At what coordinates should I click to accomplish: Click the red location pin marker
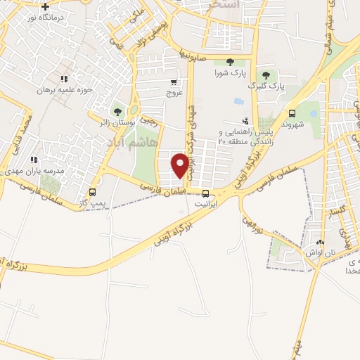pyautogui.click(x=181, y=166)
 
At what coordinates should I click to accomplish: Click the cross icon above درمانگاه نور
pyautogui.click(x=45, y=6)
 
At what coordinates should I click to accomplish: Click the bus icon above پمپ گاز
pyautogui.click(x=92, y=192)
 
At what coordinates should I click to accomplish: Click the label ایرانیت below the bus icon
pyautogui.click(x=205, y=203)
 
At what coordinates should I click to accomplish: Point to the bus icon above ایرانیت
pyautogui.click(x=205, y=193)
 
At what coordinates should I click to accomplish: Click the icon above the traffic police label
pyautogui.click(x=245, y=120)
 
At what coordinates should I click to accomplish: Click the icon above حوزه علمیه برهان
pyautogui.click(x=64, y=79)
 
